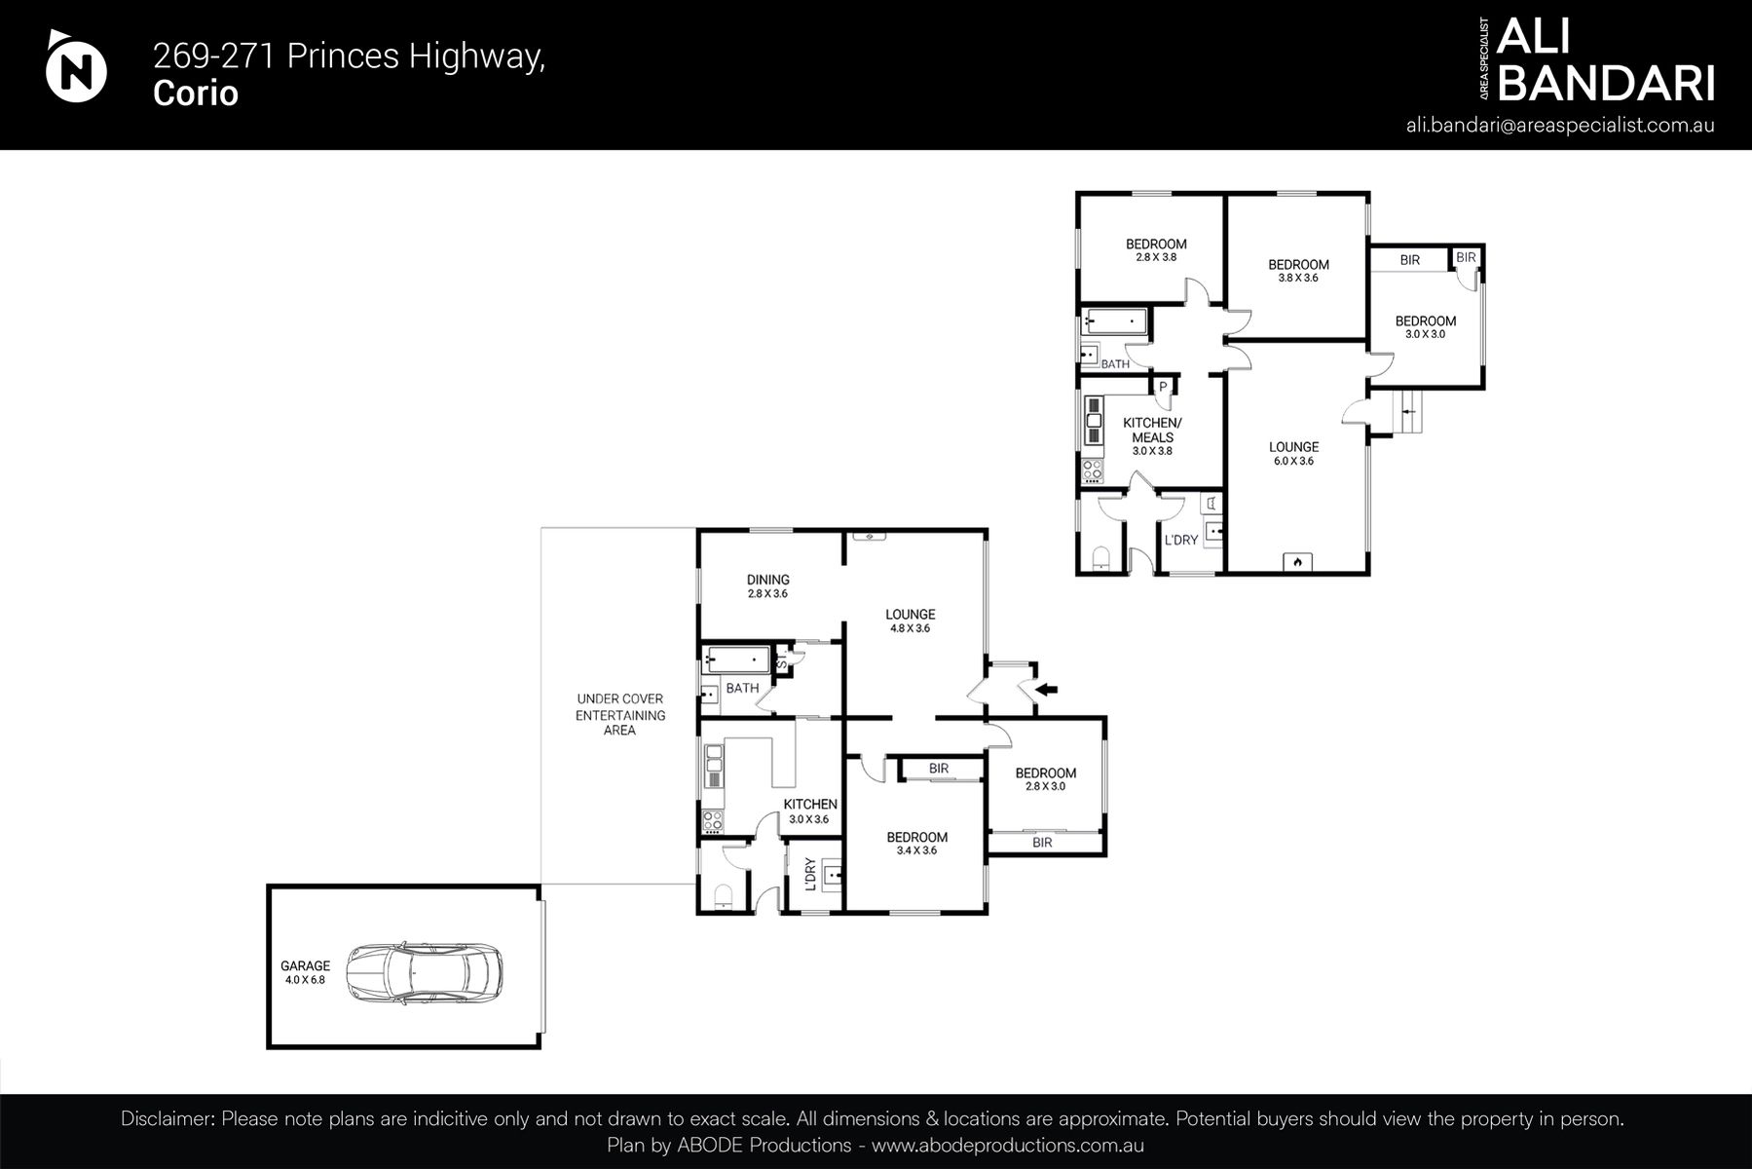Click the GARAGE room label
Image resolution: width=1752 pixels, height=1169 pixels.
(x=306, y=972)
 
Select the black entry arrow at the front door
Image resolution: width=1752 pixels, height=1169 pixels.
(x=1047, y=690)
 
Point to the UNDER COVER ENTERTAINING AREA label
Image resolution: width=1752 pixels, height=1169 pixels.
(x=619, y=714)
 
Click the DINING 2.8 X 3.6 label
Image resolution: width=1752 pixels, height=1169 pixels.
(x=767, y=585)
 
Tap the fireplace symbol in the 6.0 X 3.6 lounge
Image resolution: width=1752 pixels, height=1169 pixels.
(x=1297, y=561)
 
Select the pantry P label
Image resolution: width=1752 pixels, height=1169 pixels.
(x=1163, y=387)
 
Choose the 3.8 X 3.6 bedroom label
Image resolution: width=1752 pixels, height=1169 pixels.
(x=1298, y=270)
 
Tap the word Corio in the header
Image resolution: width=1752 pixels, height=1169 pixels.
(x=196, y=94)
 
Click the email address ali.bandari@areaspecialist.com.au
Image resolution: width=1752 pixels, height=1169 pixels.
(x=1560, y=126)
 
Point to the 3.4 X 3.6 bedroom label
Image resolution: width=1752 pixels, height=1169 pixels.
(x=916, y=843)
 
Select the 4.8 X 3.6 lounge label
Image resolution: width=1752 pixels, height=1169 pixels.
(x=910, y=621)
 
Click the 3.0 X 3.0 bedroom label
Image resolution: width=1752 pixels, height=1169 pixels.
(x=1425, y=326)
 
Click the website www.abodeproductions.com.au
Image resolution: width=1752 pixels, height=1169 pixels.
(x=1007, y=1146)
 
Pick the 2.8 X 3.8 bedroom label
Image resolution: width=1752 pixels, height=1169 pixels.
(x=1156, y=250)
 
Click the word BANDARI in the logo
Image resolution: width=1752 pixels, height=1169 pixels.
(x=1605, y=85)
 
